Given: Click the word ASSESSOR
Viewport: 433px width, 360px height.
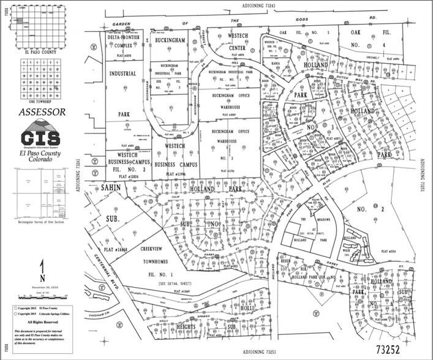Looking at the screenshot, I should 42,113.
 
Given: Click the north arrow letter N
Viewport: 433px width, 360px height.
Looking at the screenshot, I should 42,266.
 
